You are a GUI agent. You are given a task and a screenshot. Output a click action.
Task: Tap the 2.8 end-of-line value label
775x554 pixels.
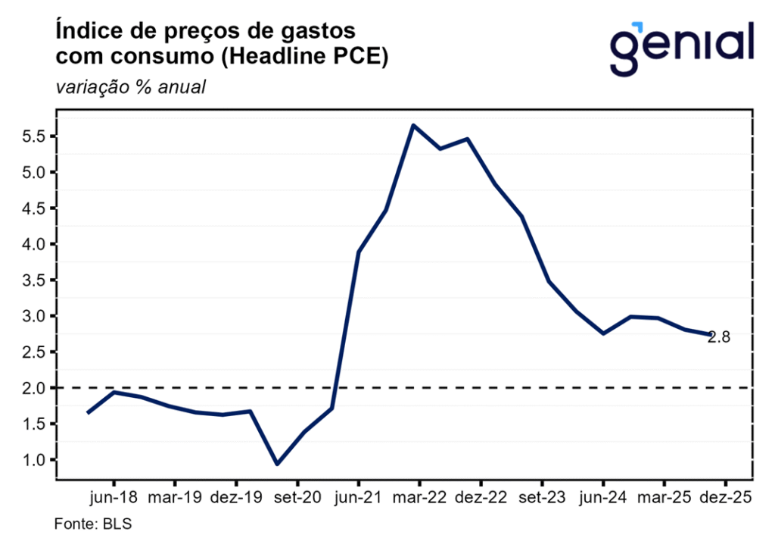tap(719, 338)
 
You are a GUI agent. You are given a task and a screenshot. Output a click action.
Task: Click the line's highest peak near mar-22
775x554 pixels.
tap(413, 125)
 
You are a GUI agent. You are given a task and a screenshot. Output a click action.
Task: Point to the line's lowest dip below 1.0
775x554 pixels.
tap(277, 464)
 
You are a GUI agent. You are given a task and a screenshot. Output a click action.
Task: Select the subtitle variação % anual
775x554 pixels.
tap(130, 87)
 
